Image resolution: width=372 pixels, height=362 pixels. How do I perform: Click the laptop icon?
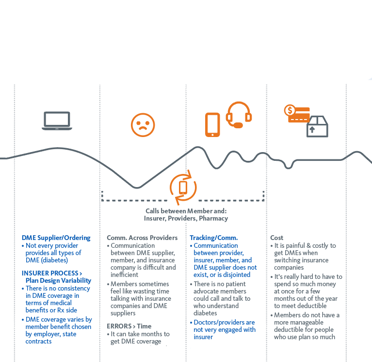click(57, 121)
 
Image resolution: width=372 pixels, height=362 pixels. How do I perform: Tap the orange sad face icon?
click(143, 125)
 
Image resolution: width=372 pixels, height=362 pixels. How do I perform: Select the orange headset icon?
click(239, 115)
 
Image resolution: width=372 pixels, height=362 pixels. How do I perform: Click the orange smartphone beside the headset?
click(212, 125)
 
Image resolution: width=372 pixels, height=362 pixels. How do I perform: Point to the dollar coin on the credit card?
click(290, 110)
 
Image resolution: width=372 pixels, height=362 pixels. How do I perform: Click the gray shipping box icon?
click(317, 126)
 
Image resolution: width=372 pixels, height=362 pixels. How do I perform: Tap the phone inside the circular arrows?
click(183, 188)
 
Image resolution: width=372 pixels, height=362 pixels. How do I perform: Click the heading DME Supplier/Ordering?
click(56, 238)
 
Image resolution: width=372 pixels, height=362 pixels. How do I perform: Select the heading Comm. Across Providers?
click(142, 238)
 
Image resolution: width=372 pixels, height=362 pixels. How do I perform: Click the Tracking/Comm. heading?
click(214, 238)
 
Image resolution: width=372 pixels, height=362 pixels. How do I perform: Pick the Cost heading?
click(276, 238)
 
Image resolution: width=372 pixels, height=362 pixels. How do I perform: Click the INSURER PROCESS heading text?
click(50, 273)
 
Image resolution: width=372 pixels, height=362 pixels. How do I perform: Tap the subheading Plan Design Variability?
click(58, 281)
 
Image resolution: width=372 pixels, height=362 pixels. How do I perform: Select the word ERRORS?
click(119, 326)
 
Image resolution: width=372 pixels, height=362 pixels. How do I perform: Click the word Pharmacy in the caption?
click(213, 219)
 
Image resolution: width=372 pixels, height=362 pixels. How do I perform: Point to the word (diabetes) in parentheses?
click(55, 260)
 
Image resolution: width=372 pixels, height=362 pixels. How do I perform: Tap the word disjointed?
click(234, 275)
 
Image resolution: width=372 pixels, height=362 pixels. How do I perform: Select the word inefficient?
click(124, 275)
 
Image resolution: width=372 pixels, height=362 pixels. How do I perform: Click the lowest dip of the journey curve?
click(137, 188)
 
